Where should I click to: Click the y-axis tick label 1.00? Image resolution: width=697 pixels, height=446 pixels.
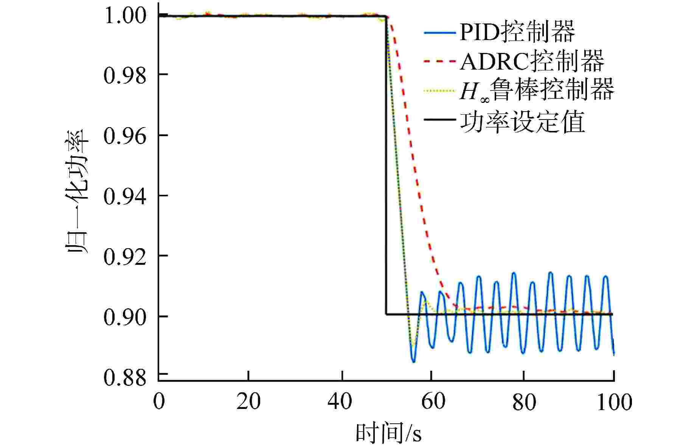click(124, 16)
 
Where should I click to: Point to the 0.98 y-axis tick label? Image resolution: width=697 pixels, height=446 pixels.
click(124, 76)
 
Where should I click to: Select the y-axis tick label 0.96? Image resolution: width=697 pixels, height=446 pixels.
click(124, 137)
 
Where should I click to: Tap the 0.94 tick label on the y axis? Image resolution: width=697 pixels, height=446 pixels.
click(124, 197)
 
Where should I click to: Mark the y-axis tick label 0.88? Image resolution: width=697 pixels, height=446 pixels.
click(124, 377)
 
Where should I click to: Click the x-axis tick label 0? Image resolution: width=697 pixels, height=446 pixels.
click(159, 401)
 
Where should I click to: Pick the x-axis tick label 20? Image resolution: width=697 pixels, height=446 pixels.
click(248, 401)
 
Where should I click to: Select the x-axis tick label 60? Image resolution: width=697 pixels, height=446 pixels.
click(432, 401)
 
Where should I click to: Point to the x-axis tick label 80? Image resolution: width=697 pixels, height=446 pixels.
click(524, 401)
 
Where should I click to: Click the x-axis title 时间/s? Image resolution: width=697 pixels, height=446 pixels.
click(389, 433)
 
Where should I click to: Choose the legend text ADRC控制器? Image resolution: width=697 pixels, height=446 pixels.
click(532, 61)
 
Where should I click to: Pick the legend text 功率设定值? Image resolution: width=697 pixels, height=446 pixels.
click(522, 121)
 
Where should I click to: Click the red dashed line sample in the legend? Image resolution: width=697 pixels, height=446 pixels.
click(440, 61)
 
